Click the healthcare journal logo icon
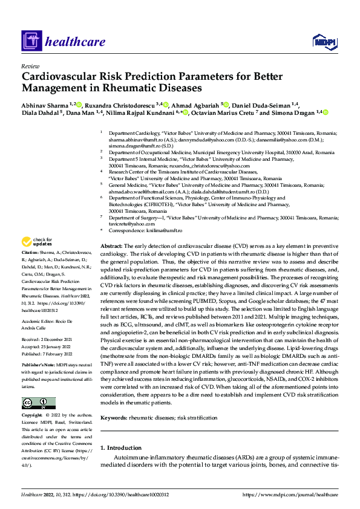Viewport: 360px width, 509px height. (31, 41)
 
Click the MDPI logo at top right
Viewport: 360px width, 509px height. (324, 41)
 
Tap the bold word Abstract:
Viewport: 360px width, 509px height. (111, 247)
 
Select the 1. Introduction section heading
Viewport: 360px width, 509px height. (124, 447)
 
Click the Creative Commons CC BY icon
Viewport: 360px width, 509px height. (39, 403)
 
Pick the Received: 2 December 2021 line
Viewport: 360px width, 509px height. (47, 323)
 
